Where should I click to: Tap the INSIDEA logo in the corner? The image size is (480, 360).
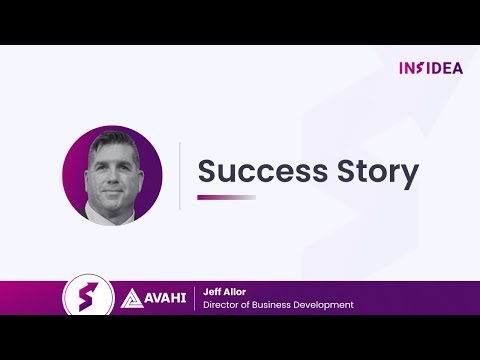click(x=431, y=68)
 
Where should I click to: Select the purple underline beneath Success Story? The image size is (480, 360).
click(x=226, y=197)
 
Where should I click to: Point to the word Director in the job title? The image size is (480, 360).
click(x=221, y=305)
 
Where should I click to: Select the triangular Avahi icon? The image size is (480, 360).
click(x=131, y=298)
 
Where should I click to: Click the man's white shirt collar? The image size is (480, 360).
click(x=92, y=211)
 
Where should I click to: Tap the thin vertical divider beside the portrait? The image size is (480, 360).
click(x=180, y=175)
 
